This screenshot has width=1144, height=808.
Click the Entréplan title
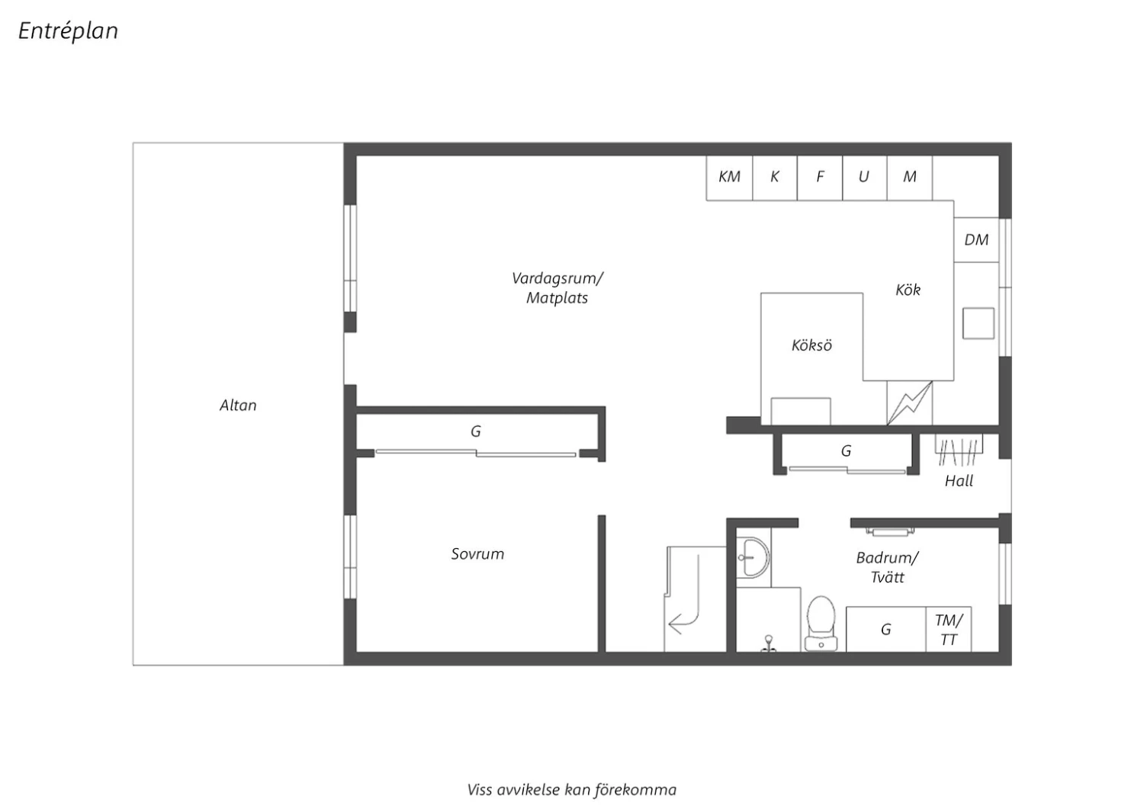pyautogui.click(x=69, y=31)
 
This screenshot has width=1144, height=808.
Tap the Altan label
pyautogui.click(x=238, y=406)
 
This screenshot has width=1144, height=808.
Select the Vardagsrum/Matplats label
pyautogui.click(x=558, y=288)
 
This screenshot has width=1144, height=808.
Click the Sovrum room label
pyautogui.click(x=477, y=554)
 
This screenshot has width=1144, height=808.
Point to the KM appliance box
pyautogui.click(x=729, y=178)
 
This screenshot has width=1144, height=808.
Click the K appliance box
pyautogui.click(x=775, y=178)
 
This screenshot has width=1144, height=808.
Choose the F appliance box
pyautogui.click(x=820, y=178)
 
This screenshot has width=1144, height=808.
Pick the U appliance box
pyautogui.click(x=865, y=178)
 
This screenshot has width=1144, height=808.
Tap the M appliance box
pyautogui.click(x=910, y=178)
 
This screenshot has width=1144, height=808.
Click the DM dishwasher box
pyautogui.click(x=976, y=240)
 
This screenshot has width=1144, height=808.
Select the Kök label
pyautogui.click(x=908, y=290)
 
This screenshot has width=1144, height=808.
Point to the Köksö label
pyautogui.click(x=811, y=345)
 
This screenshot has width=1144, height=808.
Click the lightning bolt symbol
pyautogui.click(x=910, y=403)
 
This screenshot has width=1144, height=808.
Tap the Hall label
pyautogui.click(x=959, y=481)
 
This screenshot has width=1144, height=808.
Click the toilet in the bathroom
pyautogui.click(x=821, y=624)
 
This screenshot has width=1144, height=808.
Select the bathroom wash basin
pyautogui.click(x=753, y=557)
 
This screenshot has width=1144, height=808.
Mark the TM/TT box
pyautogui.click(x=949, y=630)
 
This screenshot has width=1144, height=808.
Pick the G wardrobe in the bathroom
pyautogui.click(x=886, y=630)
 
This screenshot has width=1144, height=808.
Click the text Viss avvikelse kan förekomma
pyautogui.click(x=571, y=790)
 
